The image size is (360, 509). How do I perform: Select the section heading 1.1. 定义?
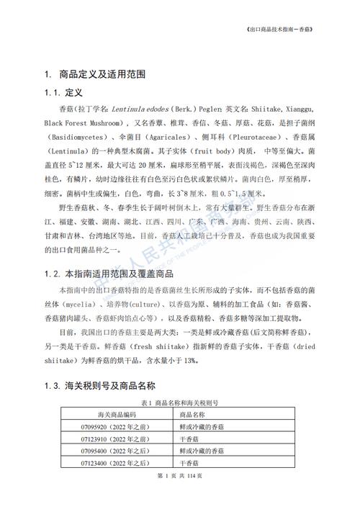tap(65, 94)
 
